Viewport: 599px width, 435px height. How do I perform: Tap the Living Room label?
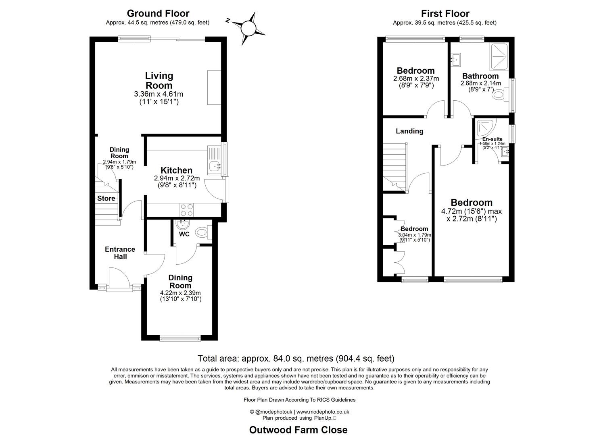[x=159, y=81]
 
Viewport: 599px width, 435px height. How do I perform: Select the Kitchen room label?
[x=176, y=170]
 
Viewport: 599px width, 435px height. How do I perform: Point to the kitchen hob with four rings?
[x=187, y=209]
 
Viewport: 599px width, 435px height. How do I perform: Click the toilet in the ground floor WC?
[x=202, y=232]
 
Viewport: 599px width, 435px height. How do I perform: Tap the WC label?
[x=184, y=234]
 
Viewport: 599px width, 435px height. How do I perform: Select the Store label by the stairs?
[x=106, y=198]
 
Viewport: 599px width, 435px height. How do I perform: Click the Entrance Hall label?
[x=120, y=253]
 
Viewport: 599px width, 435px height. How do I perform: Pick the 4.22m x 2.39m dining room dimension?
[x=180, y=293]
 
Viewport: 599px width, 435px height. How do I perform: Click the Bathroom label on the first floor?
[x=480, y=76]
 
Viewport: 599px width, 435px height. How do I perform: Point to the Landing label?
[x=409, y=131]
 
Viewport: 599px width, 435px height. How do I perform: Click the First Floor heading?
[x=445, y=14]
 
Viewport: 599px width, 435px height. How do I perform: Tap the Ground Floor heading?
[x=158, y=14]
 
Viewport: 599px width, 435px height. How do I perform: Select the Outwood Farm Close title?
[x=298, y=430]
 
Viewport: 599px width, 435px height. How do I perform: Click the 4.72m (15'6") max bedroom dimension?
[x=472, y=211]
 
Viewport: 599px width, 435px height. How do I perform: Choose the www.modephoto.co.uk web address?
[x=323, y=412]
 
